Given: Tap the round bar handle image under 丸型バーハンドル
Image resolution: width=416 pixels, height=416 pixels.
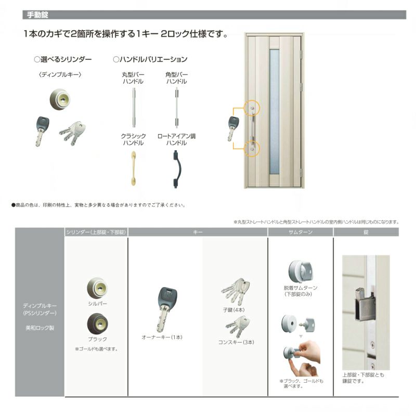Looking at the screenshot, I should tap(134, 108).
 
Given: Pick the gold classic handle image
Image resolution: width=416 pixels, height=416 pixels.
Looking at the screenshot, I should tap(133, 168).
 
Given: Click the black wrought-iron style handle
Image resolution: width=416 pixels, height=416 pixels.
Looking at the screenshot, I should tap(177, 168).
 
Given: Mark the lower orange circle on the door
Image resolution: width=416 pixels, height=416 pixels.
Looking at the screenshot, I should tap(252, 148).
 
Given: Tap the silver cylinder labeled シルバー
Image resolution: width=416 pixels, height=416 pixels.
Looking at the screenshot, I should tap(97, 287).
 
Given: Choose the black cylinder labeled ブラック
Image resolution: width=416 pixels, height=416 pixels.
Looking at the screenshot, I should tap(97, 324).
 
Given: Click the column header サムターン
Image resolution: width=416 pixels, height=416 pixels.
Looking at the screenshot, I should tap(300, 232).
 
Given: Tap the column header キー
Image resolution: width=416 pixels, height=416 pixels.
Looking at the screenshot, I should tap(198, 232).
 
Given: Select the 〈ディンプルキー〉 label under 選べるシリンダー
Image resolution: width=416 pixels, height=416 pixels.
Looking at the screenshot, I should tap(60, 75).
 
